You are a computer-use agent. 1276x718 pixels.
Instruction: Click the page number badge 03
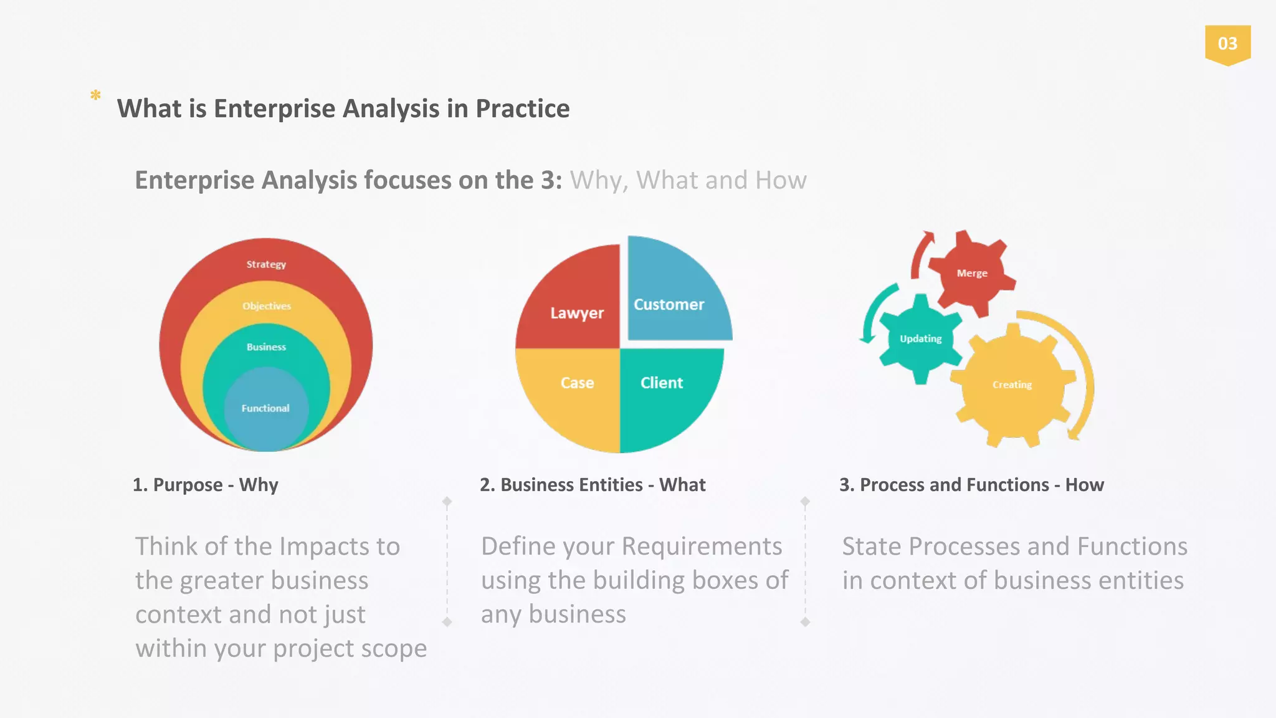click(1227, 44)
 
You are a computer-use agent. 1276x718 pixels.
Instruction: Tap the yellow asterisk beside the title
click(95, 95)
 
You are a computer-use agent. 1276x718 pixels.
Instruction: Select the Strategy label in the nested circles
click(266, 264)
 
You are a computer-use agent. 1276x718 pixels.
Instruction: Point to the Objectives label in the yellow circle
click(267, 306)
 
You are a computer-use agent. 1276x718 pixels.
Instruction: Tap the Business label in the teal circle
click(266, 347)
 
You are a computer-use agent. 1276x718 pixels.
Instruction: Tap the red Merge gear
click(971, 273)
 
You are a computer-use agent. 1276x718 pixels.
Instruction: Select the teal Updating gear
click(921, 339)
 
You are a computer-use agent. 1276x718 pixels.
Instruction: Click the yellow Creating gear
click(1012, 385)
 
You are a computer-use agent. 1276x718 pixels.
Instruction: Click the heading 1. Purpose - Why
click(205, 485)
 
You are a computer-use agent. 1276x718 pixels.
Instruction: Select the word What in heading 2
click(682, 485)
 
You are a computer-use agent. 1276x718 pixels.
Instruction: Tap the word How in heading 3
click(1084, 485)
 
